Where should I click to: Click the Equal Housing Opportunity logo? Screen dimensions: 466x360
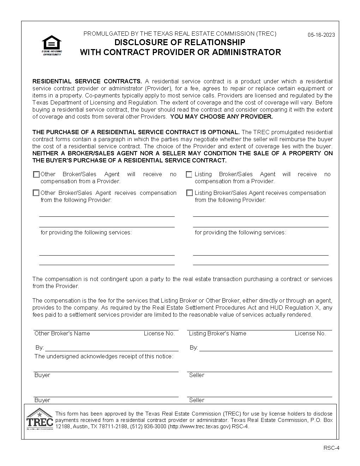pos(52,45)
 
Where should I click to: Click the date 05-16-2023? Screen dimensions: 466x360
pos(321,35)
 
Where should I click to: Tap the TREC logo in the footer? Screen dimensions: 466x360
pos(40,419)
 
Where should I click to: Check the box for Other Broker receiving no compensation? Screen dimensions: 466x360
pos(36,174)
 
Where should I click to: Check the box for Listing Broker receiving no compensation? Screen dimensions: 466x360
pos(189,174)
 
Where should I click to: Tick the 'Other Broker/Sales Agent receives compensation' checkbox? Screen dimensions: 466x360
pos(36,193)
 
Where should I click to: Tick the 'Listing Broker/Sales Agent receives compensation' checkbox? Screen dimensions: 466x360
pos(190,193)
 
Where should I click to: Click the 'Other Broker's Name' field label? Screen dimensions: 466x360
pos(62,334)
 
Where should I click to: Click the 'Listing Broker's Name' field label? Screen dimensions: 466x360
pos(217,334)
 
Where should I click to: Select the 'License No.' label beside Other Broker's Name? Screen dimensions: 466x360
pos(159,334)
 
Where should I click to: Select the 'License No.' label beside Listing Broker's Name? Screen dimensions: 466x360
pos(310,334)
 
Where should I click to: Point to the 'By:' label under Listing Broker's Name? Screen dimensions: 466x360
pos(193,348)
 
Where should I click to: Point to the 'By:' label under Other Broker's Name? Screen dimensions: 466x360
pos(40,348)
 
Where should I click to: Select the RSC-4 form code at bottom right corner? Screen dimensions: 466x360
pos(331,448)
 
